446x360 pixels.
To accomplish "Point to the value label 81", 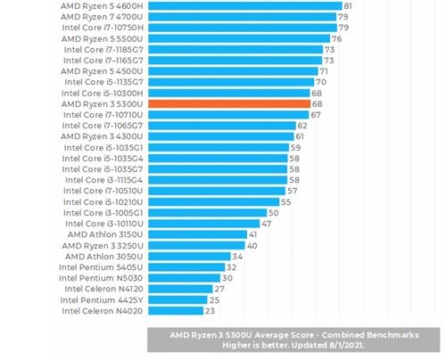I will pyautogui.click(x=348, y=5).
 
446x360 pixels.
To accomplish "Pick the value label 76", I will pyautogui.click(x=337, y=38).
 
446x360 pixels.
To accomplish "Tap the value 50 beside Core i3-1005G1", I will pyautogui.click(x=274, y=213).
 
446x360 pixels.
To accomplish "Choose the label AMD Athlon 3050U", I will pyautogui.click(x=103, y=256).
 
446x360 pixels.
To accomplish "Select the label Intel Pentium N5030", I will pyautogui.click(x=101, y=278).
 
